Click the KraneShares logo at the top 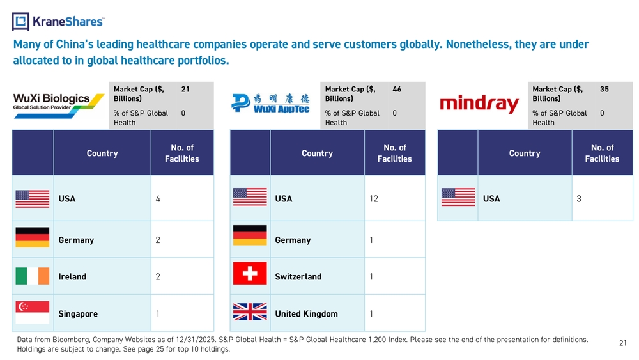point(58,21)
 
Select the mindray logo point(479,104)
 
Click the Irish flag point(32,276)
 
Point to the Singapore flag point(32,313)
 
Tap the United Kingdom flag point(250,313)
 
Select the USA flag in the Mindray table point(458,198)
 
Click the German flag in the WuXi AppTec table point(250,236)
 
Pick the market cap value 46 point(397,90)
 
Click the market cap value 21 point(185,90)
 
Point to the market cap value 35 point(604,90)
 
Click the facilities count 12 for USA point(374,198)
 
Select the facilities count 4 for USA point(158,198)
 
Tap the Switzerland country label point(298,277)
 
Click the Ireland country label point(72,277)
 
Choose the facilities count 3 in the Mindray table point(579,198)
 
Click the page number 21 point(622,343)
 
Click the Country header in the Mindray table point(525,153)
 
